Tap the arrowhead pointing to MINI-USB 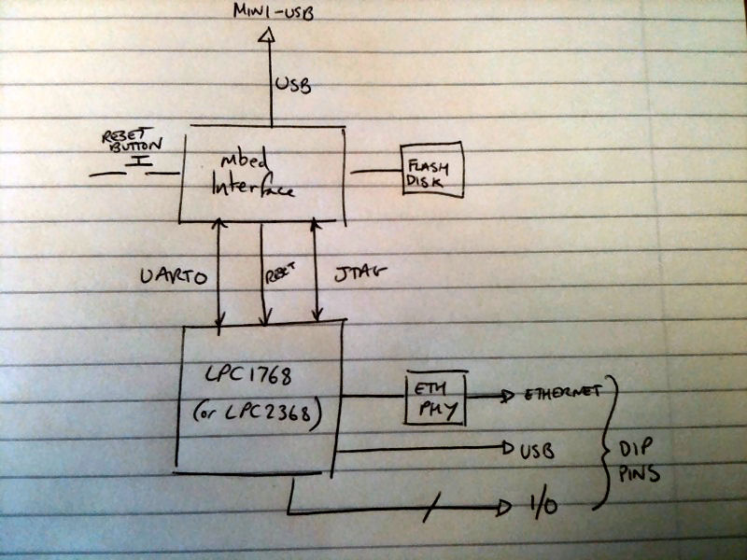coord(269,36)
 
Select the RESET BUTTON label coord(132,142)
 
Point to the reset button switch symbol coord(140,167)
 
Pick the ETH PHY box coord(433,399)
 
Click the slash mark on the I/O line coord(430,510)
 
